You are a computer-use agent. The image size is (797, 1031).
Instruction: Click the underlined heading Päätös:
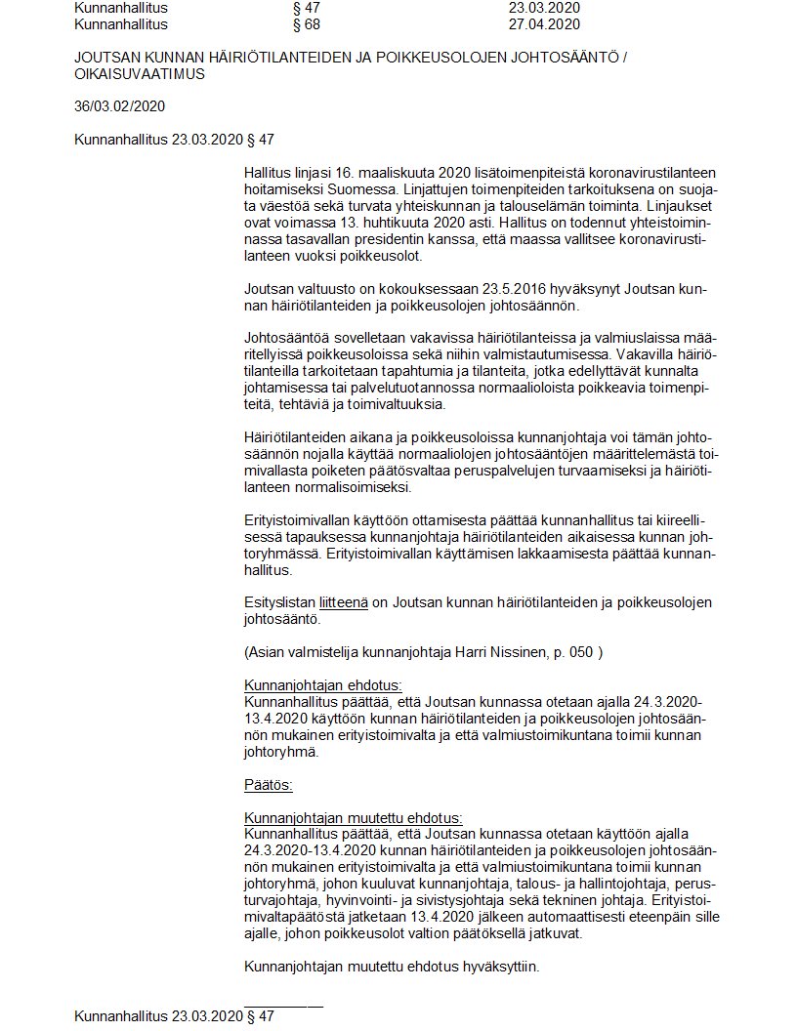269,784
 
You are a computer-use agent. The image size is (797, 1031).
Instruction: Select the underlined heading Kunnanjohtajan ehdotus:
323,685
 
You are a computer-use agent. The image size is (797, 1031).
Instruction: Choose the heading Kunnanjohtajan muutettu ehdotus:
354,818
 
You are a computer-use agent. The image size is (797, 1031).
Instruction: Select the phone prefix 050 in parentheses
581,652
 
